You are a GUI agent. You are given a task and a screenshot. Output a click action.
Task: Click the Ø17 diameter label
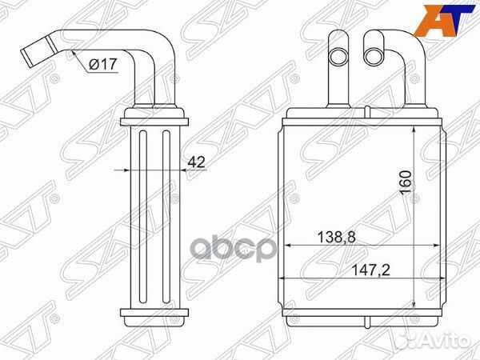click(x=103, y=64)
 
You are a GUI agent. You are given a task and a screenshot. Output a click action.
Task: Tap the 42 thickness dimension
click(x=196, y=162)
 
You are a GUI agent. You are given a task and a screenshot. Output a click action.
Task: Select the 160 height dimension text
click(x=406, y=182)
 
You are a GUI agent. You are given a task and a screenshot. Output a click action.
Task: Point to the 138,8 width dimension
click(x=336, y=238)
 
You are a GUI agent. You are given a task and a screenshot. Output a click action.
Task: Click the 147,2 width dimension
click(x=370, y=270)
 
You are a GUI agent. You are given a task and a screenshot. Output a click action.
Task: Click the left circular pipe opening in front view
click(x=338, y=58)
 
